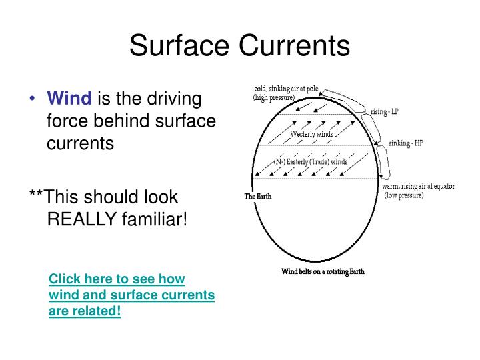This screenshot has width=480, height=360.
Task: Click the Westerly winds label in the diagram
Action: (x=311, y=134)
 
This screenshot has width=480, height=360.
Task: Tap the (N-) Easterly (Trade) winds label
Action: (x=311, y=161)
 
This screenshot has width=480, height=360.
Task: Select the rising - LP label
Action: (x=385, y=112)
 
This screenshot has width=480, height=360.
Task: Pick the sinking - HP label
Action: (x=405, y=143)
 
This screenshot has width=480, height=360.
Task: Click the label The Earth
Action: (x=259, y=197)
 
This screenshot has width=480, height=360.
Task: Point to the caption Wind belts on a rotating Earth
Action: (x=323, y=271)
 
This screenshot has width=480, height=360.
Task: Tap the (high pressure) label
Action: (x=274, y=97)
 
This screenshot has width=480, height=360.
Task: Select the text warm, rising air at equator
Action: (x=419, y=187)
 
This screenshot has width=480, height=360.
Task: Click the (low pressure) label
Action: (x=404, y=195)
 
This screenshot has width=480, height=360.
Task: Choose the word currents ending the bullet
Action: (x=80, y=143)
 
